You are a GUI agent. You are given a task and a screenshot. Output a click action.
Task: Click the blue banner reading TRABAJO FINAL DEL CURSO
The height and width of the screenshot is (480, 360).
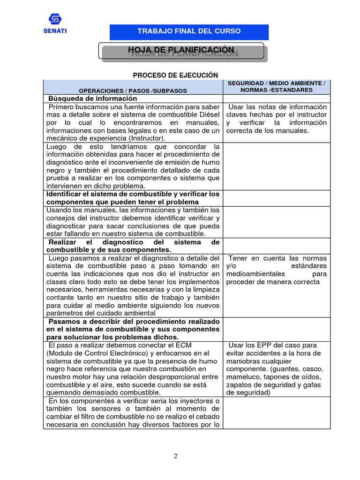[x=189, y=31]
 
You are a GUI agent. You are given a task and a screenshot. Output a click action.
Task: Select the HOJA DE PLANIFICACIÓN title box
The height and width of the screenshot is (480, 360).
[x=181, y=50]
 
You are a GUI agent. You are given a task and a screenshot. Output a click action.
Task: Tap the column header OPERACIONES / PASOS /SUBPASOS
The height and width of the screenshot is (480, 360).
[x=133, y=90]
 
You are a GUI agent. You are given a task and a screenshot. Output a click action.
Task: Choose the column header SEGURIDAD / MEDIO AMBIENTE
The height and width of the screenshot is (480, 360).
[x=276, y=86]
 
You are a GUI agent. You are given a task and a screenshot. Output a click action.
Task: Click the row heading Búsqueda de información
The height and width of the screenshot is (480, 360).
[x=93, y=98]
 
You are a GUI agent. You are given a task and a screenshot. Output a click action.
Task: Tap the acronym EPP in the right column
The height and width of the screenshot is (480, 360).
[x=264, y=345]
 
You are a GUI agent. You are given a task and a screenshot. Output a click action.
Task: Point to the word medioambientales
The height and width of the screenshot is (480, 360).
[x=255, y=274]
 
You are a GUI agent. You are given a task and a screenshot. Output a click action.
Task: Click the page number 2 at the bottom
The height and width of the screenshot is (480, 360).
[x=175, y=457]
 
